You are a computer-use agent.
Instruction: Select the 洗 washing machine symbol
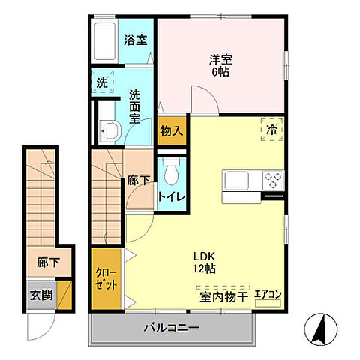point(101,83)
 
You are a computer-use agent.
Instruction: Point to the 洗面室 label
point(135,106)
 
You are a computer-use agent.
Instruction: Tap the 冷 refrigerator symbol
point(271,129)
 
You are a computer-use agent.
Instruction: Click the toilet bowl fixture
point(171,172)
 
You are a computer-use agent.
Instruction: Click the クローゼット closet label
point(104,280)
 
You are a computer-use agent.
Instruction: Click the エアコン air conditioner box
point(268,295)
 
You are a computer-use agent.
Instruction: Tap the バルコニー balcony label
point(172,328)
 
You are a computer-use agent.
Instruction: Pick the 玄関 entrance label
point(41,295)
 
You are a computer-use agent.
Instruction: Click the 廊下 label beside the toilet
point(137,180)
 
